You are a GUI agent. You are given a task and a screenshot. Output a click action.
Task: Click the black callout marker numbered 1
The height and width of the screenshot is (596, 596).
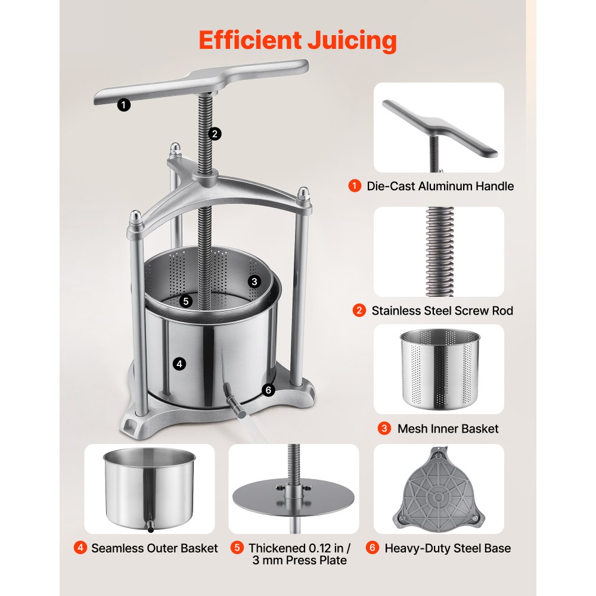click(x=123, y=104)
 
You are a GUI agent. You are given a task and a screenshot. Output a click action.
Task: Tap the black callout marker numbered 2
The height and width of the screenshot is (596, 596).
click(x=215, y=134)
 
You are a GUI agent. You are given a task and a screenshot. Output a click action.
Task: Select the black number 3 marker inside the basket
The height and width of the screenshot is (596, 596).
click(x=254, y=282)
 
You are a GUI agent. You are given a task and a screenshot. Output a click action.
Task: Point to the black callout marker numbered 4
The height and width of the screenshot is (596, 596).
click(x=179, y=364)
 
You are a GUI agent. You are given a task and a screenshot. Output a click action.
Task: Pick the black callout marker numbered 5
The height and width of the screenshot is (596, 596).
click(x=186, y=302)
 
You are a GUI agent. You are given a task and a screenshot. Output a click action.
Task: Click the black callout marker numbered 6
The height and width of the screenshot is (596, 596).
click(x=268, y=390)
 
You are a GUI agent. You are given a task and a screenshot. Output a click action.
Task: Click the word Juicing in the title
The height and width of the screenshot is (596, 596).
click(x=352, y=41)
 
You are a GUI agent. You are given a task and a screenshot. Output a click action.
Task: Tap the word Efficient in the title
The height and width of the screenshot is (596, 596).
click(x=250, y=40)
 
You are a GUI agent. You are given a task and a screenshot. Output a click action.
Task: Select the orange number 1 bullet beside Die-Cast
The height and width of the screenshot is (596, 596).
click(x=355, y=186)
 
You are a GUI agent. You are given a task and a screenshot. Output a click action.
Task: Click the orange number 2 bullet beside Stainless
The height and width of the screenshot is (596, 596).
click(x=359, y=311)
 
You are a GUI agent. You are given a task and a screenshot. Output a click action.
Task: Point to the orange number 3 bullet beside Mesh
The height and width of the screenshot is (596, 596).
click(x=384, y=429)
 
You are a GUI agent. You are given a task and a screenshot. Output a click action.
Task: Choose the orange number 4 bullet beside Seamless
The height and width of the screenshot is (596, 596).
click(x=80, y=548)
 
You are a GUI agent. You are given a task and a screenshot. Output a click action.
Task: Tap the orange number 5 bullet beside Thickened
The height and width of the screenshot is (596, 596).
click(x=237, y=548)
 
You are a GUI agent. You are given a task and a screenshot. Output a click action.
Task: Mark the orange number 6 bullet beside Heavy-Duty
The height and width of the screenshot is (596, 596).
click(x=372, y=548)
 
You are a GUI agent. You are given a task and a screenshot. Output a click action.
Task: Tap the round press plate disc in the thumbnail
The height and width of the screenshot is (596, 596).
click(x=293, y=497)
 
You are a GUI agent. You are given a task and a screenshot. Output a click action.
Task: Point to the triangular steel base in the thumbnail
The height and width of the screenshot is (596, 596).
click(x=439, y=491)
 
